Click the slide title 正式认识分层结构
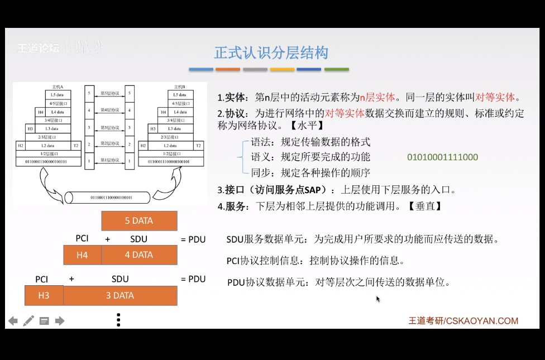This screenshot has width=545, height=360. pos(271,53)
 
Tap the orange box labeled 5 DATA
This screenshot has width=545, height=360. pos(139,221)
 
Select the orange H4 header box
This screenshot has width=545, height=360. pos(82,255)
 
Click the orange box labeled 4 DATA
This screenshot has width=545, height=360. pos(139,255)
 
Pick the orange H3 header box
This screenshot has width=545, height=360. pos(44,296)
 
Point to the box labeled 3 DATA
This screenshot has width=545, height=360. pos(120,296)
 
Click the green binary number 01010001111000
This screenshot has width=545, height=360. pos(442,157)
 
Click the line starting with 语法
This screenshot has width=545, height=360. pos(310,142)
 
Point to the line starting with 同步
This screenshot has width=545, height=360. pos(310,172)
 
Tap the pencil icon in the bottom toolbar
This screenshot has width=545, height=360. pos(28,321)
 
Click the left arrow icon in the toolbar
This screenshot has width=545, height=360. pos(13,321)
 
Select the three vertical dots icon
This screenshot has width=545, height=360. pos(118,320)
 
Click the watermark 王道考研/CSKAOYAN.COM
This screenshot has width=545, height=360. pos(463,321)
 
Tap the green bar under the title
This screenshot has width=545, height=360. pos(336,70)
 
